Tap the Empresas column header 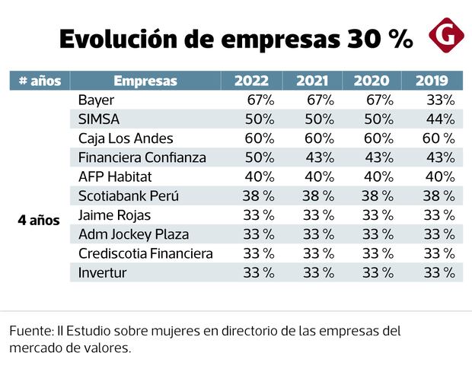point(145,81)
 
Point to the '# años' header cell point(40,81)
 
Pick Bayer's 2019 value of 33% point(440,100)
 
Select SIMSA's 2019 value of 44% point(440,119)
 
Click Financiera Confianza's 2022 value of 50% point(259,157)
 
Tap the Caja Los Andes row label point(126,138)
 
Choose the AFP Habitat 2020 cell point(378,176)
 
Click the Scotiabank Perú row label point(127,195)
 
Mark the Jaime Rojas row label point(115,215)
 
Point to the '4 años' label point(39,221)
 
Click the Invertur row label point(103,272)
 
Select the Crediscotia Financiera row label point(145,253)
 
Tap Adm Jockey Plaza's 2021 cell point(318,234)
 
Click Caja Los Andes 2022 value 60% point(259,138)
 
